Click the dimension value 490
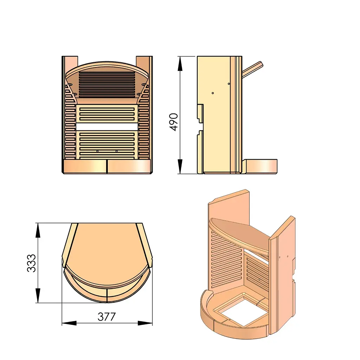(174, 122)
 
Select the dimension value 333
(32, 263)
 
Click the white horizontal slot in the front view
(107, 126)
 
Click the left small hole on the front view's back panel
(97, 151)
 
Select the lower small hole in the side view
(213, 93)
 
